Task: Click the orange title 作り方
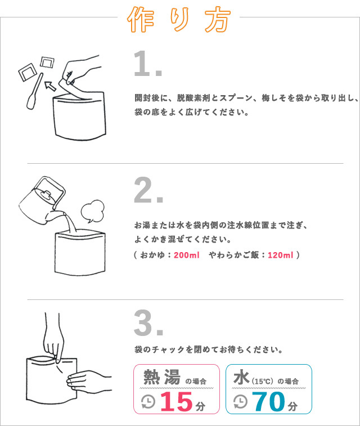point(179,19)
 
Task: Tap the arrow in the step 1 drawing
point(51,86)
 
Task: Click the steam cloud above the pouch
point(92,211)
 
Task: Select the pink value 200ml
point(187,255)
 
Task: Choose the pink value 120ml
point(281,255)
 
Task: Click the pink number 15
point(177,401)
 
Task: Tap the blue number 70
point(269,401)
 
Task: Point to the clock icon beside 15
point(148,402)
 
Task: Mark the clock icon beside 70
point(241,402)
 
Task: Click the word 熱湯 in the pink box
point(162,377)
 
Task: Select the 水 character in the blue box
point(241,377)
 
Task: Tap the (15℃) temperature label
point(262,381)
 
